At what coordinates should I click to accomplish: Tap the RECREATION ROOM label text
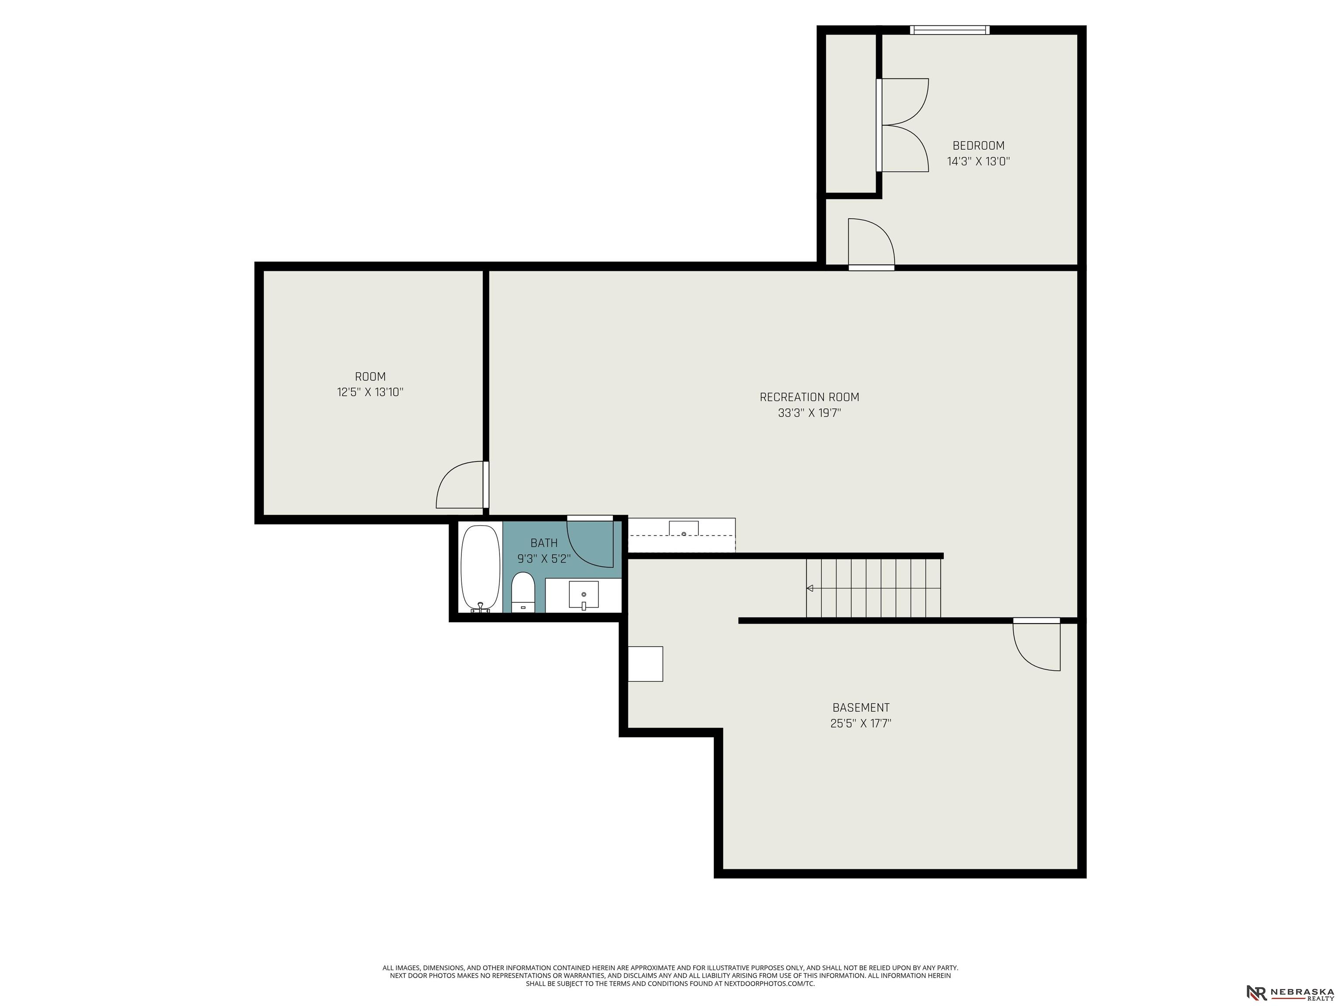809,397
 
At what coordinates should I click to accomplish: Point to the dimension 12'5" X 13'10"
370,393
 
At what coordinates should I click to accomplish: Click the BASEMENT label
861,708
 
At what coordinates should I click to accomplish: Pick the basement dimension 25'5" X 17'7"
861,723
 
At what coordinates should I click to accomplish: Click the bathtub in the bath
481,568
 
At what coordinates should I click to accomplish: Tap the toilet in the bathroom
523,592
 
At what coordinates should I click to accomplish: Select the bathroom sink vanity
583,595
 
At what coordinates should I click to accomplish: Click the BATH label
544,543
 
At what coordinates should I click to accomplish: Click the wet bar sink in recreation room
683,528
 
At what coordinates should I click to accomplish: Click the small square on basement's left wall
645,664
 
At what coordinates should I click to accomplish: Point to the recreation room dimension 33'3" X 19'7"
809,413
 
